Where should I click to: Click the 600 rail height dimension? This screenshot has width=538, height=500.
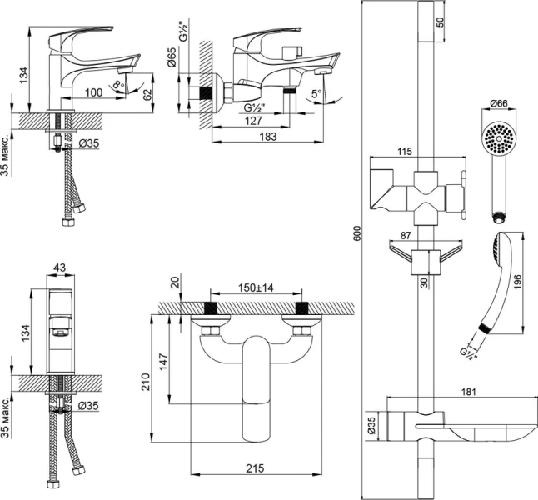pos(357,236)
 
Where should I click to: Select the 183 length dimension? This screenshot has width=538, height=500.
pos(268,137)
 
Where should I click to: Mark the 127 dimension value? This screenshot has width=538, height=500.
pos(255,120)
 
